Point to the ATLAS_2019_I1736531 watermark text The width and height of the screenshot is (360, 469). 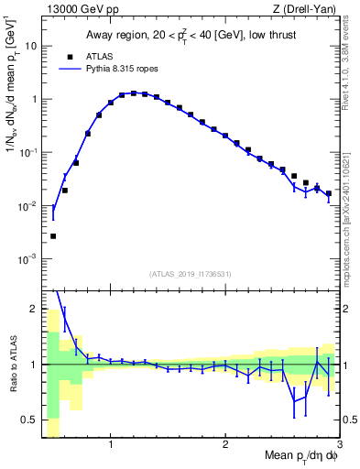pos(191,273)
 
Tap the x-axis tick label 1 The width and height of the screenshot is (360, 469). pos(110,444)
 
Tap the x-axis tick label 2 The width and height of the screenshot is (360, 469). pos(224,444)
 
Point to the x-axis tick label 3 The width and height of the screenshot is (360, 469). pos(338,444)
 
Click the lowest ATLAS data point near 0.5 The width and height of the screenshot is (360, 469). pos(53,236)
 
